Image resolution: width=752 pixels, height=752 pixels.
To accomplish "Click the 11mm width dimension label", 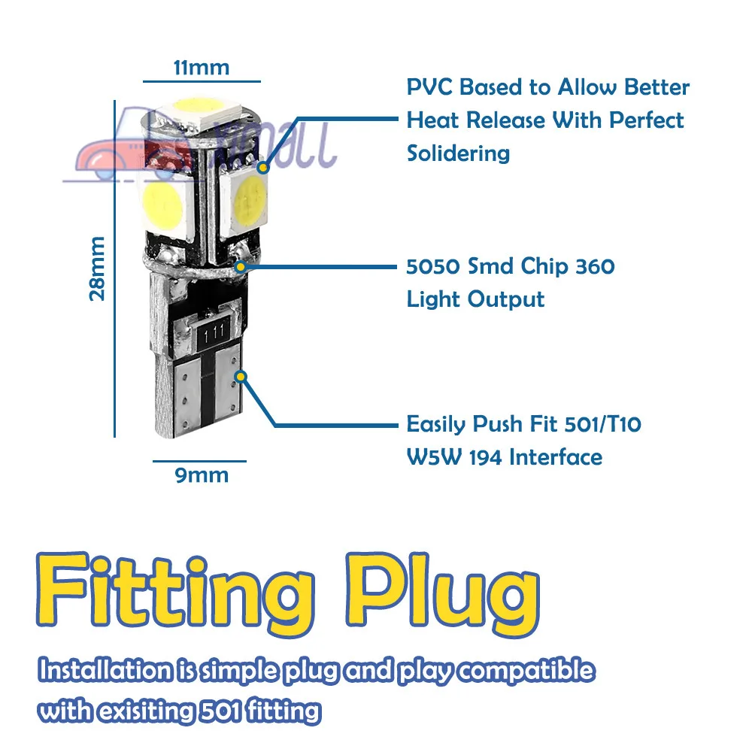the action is (201, 67).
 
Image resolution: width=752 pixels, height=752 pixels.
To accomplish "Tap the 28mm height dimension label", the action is (98, 268).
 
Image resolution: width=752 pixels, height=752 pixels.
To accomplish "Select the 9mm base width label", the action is (201, 475).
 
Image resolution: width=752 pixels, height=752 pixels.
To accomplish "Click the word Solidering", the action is (458, 153).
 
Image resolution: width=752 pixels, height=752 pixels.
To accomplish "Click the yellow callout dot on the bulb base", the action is (241, 375).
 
